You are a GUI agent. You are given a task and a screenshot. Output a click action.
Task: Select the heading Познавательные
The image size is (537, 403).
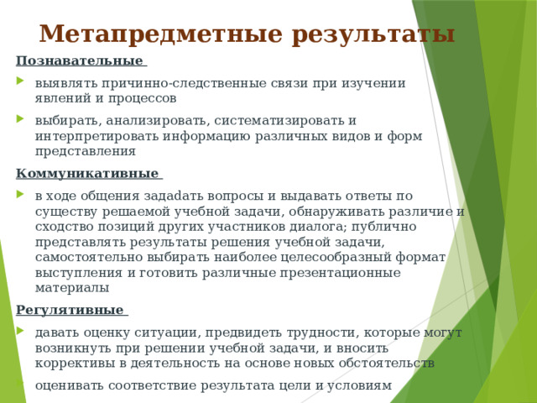tap(80, 60)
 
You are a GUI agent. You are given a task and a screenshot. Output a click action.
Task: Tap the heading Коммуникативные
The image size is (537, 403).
tap(87, 174)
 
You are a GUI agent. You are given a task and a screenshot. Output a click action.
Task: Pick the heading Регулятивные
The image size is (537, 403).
tap(70, 310)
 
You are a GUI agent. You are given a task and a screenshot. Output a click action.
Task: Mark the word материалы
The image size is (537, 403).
tap(72, 288)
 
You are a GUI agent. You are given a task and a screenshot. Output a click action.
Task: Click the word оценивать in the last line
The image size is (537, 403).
tap(70, 385)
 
